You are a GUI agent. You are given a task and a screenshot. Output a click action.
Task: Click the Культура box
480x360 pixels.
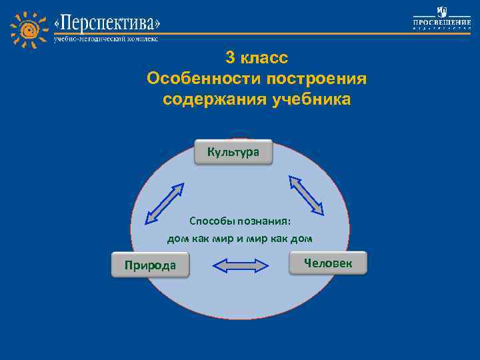click(x=233, y=153)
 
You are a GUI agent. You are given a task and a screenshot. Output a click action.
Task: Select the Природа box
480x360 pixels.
click(x=150, y=265)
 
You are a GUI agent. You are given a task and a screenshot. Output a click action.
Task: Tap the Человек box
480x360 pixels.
click(x=328, y=263)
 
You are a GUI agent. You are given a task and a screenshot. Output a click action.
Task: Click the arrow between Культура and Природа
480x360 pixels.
click(x=164, y=201)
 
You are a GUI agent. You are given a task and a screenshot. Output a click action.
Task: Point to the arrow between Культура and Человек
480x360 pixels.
click(x=306, y=195)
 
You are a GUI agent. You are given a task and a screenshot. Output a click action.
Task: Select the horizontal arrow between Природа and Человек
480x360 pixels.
click(x=240, y=265)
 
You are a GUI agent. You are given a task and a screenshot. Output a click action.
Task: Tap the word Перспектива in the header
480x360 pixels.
click(x=107, y=25)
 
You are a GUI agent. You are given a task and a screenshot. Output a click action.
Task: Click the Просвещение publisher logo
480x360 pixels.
click(x=441, y=19)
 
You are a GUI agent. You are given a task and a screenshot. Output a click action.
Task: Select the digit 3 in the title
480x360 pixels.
click(x=229, y=57)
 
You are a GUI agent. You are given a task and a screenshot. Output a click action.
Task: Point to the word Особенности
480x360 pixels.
click(x=203, y=79)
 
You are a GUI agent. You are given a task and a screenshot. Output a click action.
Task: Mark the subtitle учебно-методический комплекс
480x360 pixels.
click(x=106, y=39)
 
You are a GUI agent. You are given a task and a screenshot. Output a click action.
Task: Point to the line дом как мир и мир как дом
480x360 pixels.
click(x=239, y=238)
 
